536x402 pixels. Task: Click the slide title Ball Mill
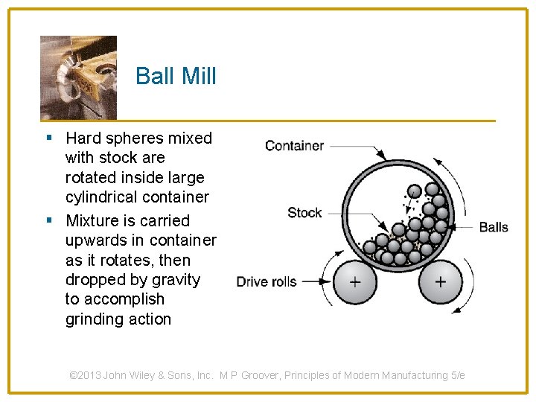click(x=176, y=76)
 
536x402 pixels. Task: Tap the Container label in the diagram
click(x=294, y=145)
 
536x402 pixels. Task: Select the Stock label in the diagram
click(x=304, y=212)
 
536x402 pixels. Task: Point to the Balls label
click(x=493, y=226)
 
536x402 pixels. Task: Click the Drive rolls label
click(x=267, y=281)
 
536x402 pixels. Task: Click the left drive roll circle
click(x=354, y=282)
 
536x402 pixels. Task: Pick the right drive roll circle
click(x=440, y=282)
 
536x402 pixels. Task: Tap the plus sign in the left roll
click(x=354, y=282)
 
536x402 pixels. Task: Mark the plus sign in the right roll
click(x=440, y=282)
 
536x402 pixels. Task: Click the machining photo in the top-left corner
click(x=78, y=77)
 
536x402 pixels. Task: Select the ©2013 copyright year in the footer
click(x=85, y=375)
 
